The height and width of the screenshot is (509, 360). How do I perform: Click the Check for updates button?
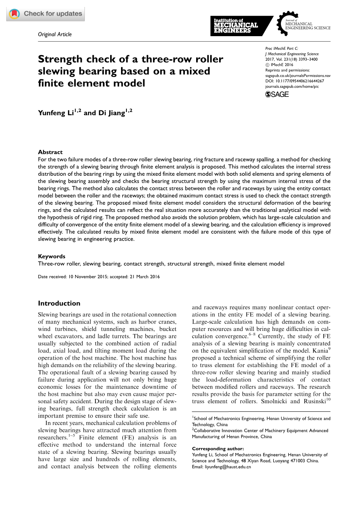coord(46,14)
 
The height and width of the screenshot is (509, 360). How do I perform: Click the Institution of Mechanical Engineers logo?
coord(237,26)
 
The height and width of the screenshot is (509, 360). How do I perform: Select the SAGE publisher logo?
coord(277,94)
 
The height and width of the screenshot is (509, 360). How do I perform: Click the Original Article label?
coord(55,34)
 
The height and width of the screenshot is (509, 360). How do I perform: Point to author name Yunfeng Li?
coord(57,113)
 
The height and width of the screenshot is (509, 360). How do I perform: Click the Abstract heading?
coord(50,152)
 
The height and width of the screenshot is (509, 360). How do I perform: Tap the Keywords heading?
coord(52,256)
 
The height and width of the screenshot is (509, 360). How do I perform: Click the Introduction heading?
coord(59,303)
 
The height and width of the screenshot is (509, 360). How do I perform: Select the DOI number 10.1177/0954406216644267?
coord(299,81)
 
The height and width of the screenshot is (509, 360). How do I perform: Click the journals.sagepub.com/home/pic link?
coord(292,86)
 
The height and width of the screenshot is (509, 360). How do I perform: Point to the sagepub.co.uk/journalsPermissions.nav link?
coord(298,75)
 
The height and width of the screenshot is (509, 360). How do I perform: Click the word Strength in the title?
coord(60,59)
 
